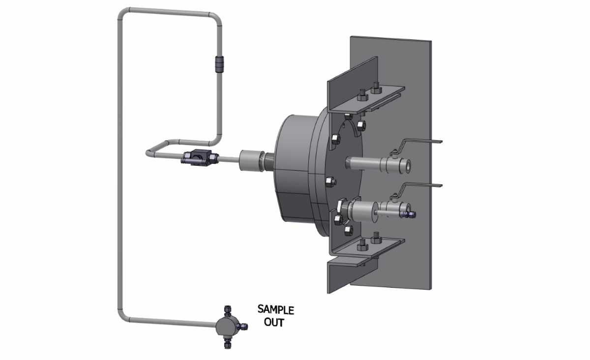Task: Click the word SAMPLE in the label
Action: click(x=275, y=310)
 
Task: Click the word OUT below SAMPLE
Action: click(x=273, y=323)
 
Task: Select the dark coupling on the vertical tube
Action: click(x=219, y=64)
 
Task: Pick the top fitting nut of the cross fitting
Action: click(x=228, y=310)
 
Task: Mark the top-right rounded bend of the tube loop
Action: click(x=215, y=17)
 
